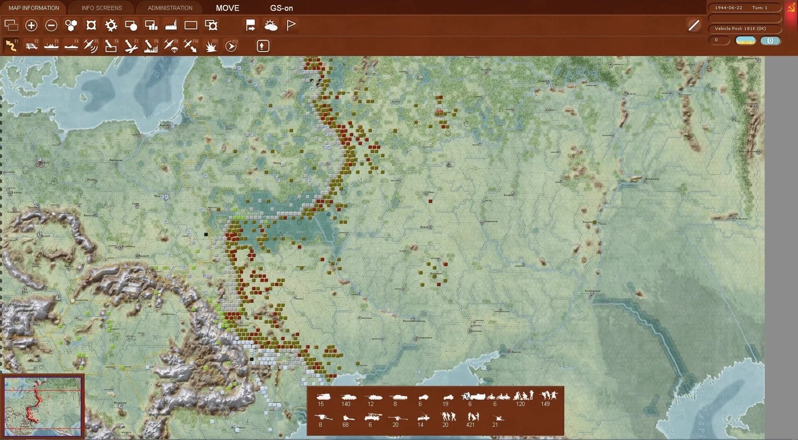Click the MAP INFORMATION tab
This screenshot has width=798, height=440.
pos(34,8)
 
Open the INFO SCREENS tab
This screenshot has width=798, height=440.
pos(102,8)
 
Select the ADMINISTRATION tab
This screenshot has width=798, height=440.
pos(170,8)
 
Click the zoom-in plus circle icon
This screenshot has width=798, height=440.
pos(31,25)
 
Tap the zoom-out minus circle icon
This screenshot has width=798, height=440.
pos(51,25)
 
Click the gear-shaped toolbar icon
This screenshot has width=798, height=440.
pos(111,25)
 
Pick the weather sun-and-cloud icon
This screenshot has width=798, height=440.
pos(271,25)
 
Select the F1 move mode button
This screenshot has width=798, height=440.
pos(11,46)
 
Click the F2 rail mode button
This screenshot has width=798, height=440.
pos(31,46)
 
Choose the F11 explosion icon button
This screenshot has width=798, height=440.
pos(211,46)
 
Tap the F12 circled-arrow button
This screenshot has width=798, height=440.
pos(231,46)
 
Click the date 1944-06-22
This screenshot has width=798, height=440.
pos(728,8)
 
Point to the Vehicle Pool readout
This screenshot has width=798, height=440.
pos(740,29)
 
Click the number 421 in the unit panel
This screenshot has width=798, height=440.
pos(470,425)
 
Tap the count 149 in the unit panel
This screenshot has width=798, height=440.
pos(545,404)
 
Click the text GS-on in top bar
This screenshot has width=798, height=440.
pos(281,8)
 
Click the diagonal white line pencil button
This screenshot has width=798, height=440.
pos(694,25)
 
